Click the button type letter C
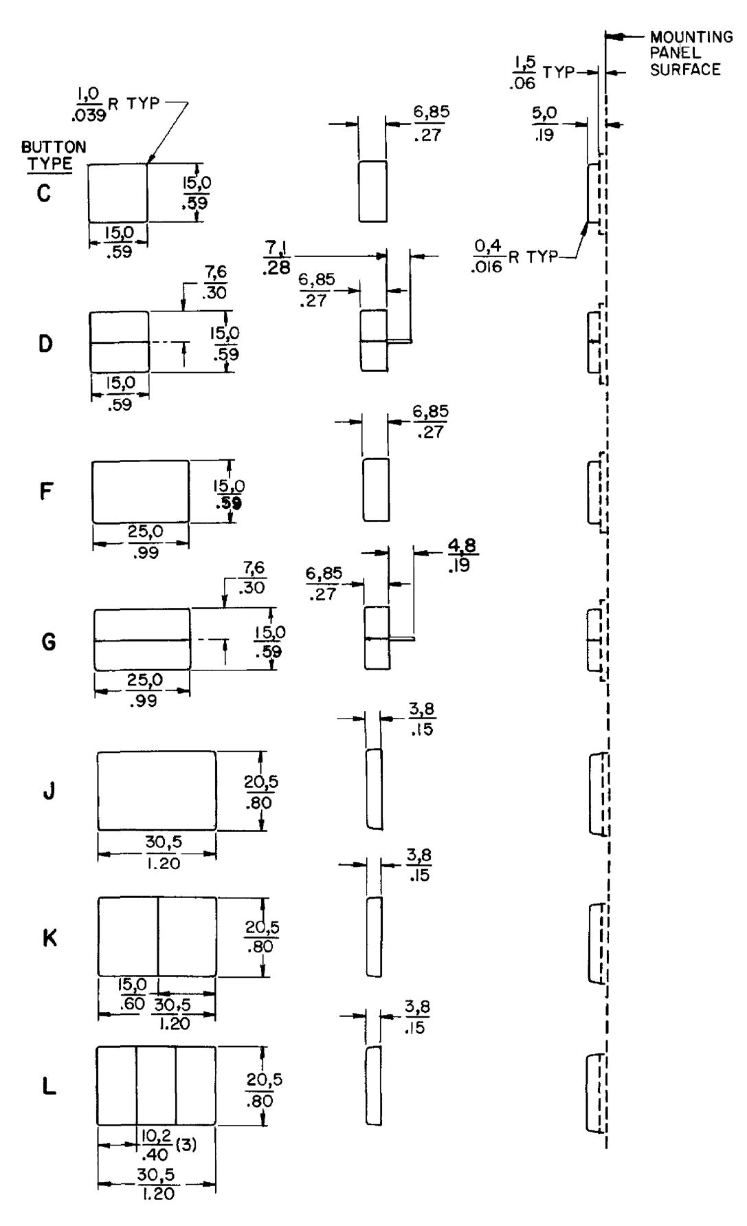click(x=44, y=194)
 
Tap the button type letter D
click(x=45, y=343)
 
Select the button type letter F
click(x=46, y=491)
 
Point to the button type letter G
click(x=49, y=642)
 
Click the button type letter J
click(x=49, y=792)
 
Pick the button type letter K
click(x=49, y=938)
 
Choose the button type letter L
click(x=49, y=1087)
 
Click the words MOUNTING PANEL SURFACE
click(x=690, y=53)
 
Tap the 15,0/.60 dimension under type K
click(x=133, y=994)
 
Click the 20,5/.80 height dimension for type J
click(x=261, y=792)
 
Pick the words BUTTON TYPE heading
click(x=53, y=155)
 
